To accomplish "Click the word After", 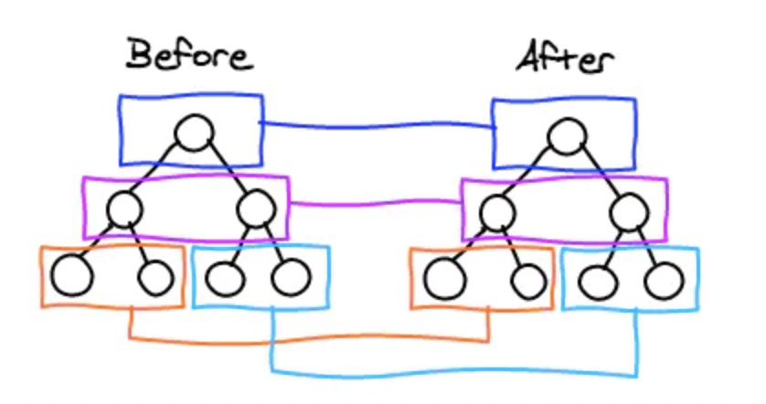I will click(x=565, y=59).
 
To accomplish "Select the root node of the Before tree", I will click(x=194, y=133).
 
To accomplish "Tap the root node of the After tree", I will click(x=567, y=137).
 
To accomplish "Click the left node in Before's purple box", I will click(x=124, y=210).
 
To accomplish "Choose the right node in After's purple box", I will click(x=628, y=216).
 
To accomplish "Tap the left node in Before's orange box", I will click(x=72, y=275).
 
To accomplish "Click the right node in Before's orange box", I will click(x=154, y=276).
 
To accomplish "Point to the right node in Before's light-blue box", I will click(x=290, y=277).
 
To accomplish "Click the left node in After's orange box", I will click(x=444, y=278).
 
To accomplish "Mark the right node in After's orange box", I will click(x=527, y=280).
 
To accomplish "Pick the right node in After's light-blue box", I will click(x=663, y=280).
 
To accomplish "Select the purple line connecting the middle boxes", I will click(x=375, y=202).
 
